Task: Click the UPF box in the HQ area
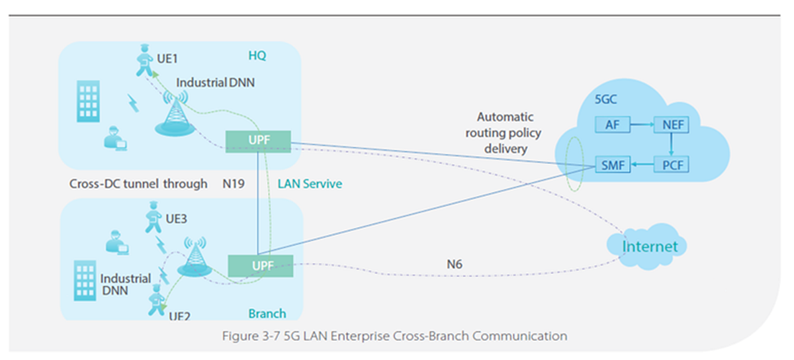[258, 140]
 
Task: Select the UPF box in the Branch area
[260, 265]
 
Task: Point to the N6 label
[454, 265]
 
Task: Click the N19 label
[236, 183]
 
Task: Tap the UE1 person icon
[144, 60]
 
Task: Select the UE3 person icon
[152, 220]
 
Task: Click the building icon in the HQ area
[87, 101]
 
